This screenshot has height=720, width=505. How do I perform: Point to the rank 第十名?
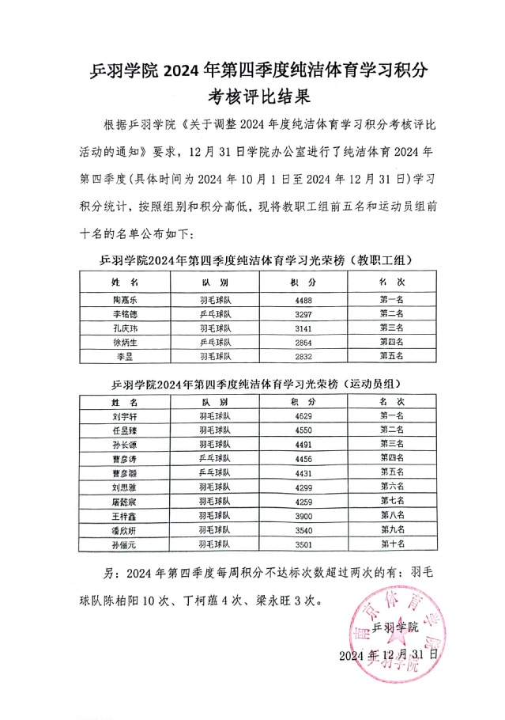point(393,544)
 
